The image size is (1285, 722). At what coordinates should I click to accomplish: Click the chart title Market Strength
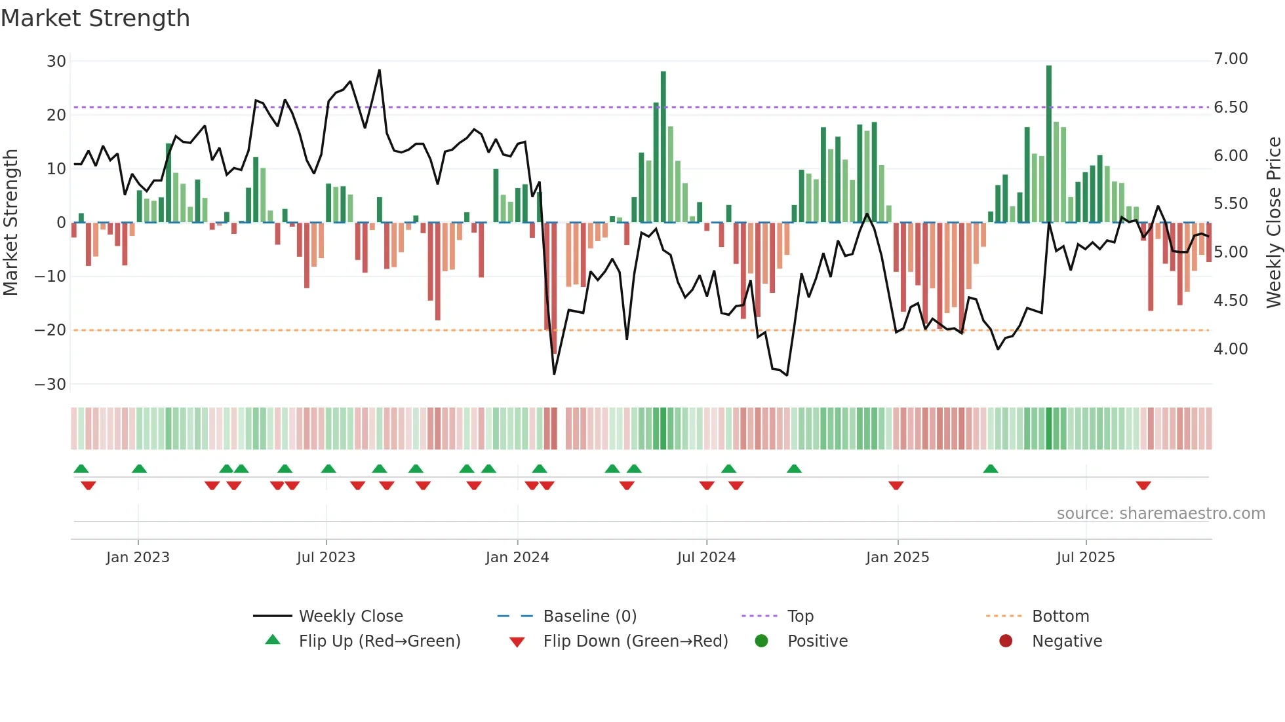(95, 18)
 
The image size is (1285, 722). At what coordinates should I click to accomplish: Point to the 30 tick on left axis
(56, 62)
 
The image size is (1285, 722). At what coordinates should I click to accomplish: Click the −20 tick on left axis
(50, 330)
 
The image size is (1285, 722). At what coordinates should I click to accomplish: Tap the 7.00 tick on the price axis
(1231, 59)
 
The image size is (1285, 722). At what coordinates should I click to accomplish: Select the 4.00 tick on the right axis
(1231, 349)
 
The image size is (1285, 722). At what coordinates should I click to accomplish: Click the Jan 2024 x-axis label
(517, 558)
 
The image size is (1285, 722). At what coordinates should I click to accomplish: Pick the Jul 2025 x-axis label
(1085, 558)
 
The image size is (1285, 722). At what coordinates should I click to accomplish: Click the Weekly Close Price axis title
(1273, 222)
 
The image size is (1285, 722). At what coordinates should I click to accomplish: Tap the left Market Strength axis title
(11, 222)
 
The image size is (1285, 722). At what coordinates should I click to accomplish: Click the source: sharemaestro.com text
(1160, 514)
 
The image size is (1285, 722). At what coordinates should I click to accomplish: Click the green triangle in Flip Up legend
(273, 640)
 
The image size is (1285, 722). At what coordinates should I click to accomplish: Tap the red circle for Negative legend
(1005, 641)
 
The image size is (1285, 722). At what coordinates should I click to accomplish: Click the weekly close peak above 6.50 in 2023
(379, 71)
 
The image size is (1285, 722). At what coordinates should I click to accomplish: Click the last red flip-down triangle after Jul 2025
(1143, 485)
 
